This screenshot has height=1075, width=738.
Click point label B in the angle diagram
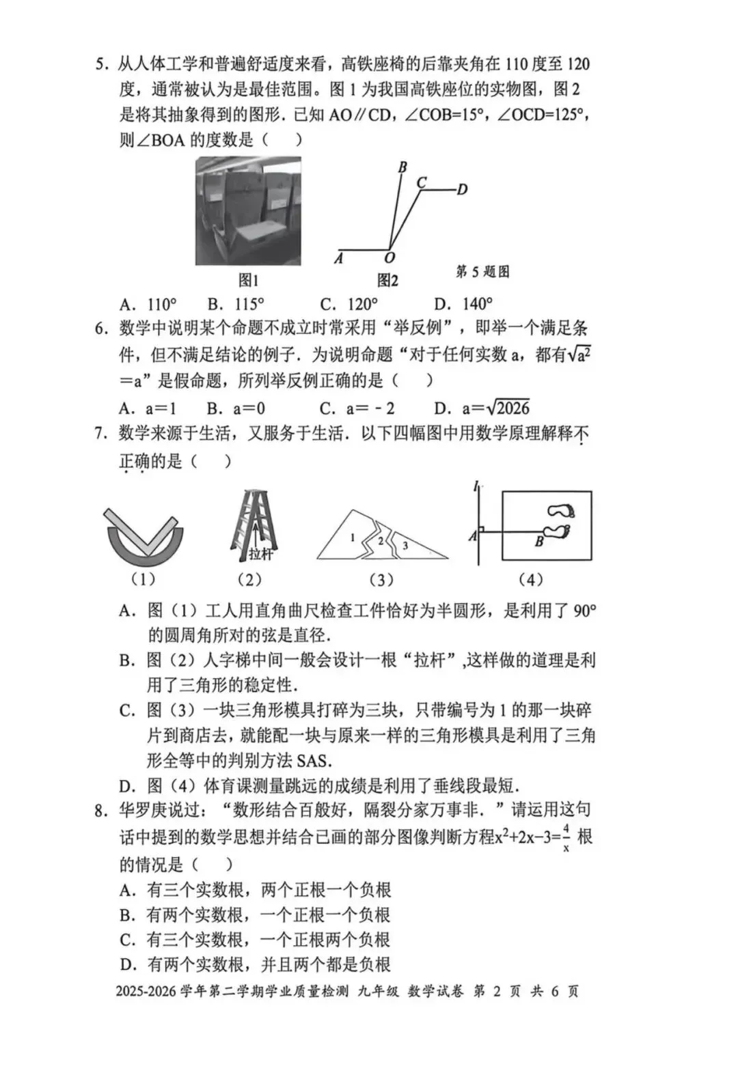coord(402,167)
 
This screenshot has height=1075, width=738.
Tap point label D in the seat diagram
coord(463,189)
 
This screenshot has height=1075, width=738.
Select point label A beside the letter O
coord(339,258)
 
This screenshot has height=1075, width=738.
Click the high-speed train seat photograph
coord(248,211)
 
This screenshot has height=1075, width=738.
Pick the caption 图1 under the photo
coord(248,280)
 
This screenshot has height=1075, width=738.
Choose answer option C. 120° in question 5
coord(348,305)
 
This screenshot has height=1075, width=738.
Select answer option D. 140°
coord(463,305)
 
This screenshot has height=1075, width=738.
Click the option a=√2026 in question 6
coord(482,408)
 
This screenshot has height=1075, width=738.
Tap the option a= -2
coord(357,409)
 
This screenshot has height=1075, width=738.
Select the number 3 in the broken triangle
coord(405,545)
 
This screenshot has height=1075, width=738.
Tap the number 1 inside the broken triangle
coord(353,537)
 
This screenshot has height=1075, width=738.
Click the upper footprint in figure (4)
coord(562,511)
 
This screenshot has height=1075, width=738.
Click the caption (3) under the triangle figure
coord(381,580)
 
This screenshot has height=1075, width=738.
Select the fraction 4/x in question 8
coord(566,838)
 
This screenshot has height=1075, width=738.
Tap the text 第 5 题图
coord(482,272)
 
